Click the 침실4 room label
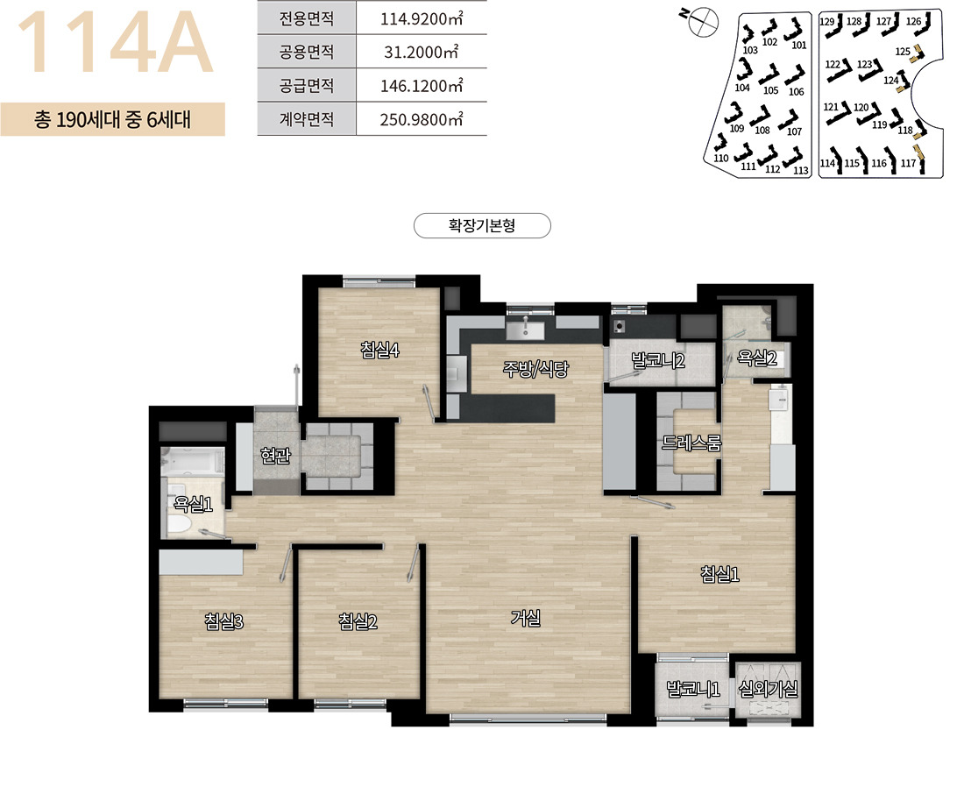379,350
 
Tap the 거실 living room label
526,617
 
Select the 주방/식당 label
535,368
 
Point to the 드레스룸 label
691,443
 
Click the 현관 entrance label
275,455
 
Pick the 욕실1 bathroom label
193,504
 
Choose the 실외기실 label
768,689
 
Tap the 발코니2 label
658,360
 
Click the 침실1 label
719,574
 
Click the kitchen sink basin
525,330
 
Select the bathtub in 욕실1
192,461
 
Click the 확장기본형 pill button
482,226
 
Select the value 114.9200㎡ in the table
422,18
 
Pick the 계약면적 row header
307,118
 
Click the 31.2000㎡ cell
422,52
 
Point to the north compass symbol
702,22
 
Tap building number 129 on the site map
827,22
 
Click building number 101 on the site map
798,45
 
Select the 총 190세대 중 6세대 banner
112,118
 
